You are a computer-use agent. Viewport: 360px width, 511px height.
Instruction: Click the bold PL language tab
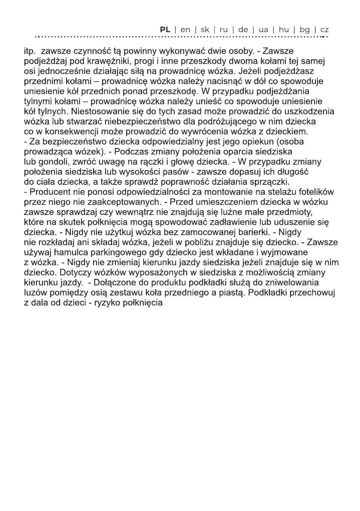165,30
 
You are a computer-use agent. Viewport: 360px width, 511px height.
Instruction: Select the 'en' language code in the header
185,30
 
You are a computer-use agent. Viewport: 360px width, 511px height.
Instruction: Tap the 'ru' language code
224,30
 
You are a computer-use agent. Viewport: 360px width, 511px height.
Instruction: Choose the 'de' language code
243,30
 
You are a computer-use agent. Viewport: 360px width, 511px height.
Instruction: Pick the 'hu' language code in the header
284,30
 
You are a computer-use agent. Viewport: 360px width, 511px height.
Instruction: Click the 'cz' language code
324,30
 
